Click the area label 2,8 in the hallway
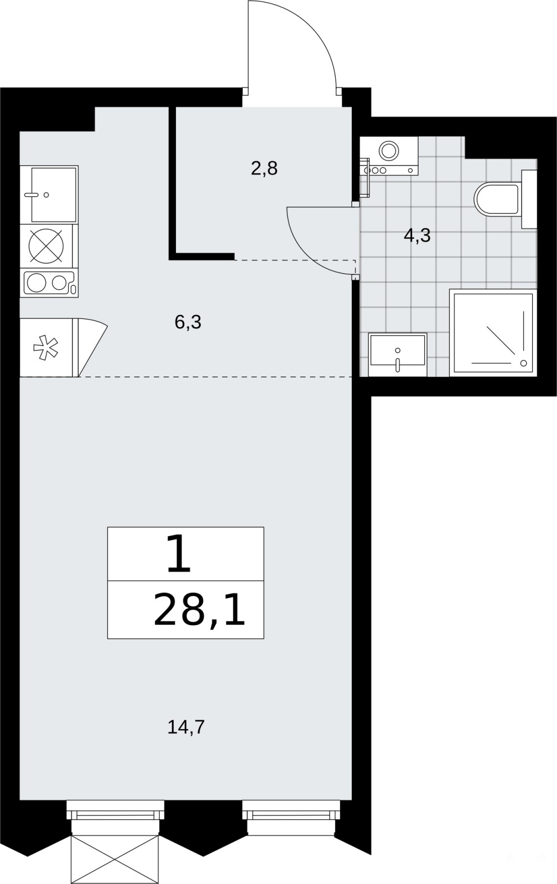(x=264, y=169)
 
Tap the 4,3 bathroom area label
(x=417, y=236)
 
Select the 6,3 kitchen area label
(x=188, y=322)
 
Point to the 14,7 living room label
(x=186, y=727)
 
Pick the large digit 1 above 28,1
(x=179, y=553)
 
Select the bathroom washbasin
(x=398, y=354)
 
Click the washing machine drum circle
(x=389, y=150)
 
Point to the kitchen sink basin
(x=54, y=194)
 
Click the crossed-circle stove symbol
(x=46, y=246)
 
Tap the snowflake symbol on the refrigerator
(x=46, y=347)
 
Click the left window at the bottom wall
(x=115, y=812)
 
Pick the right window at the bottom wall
(x=291, y=812)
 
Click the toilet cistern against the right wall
(x=529, y=199)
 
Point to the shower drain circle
(x=524, y=363)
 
